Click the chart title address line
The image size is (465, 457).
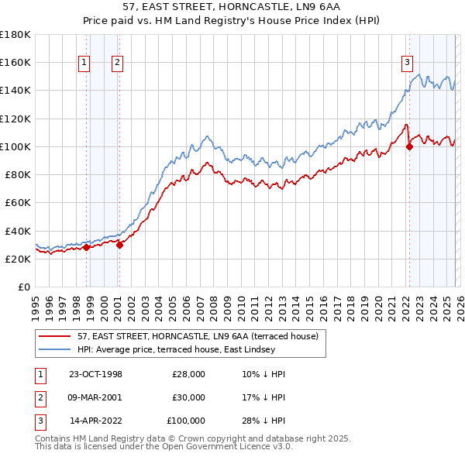pyautogui.click(x=232, y=8)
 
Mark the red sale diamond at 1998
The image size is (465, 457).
pyautogui.click(x=87, y=247)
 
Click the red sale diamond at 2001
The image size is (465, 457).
pyautogui.click(x=119, y=245)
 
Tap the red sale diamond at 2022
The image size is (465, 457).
pyautogui.click(x=409, y=146)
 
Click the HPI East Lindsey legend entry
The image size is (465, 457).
pyautogui.click(x=176, y=350)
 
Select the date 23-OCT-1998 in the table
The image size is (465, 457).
pyautogui.click(x=95, y=374)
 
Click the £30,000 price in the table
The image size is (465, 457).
pyautogui.click(x=188, y=397)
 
